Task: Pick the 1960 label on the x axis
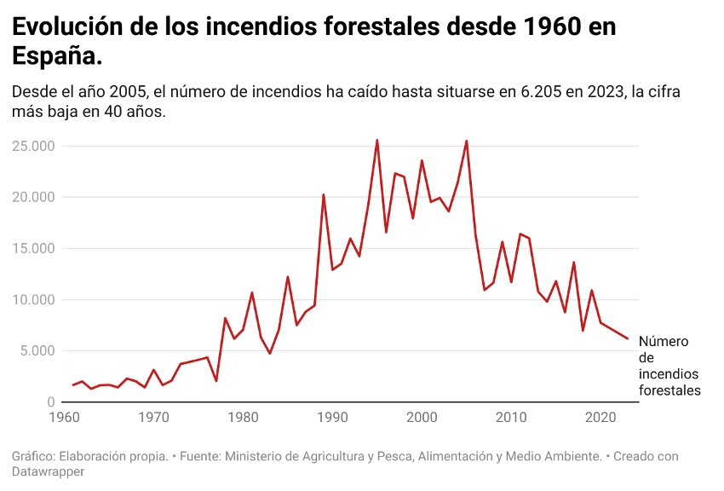63,418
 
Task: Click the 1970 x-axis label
153,418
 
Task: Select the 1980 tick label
243,418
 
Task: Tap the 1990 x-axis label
332,418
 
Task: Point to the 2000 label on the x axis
422,418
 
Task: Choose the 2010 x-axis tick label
511,418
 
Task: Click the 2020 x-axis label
600,418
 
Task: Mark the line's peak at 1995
377,141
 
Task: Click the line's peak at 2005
467,142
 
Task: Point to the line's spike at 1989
324,194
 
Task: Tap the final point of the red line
628,338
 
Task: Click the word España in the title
54,56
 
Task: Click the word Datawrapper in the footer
50,471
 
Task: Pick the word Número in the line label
664,343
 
